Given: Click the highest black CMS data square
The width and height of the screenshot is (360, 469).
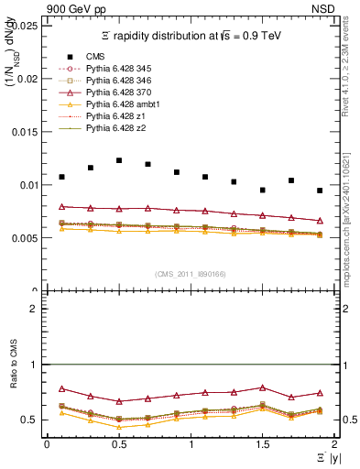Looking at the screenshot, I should tap(119, 160).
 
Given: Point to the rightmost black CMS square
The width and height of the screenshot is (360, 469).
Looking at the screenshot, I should tap(320, 191).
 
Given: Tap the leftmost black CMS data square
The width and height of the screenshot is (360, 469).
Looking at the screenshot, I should tap(61, 177).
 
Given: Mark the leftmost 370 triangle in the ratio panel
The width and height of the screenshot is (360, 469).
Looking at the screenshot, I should tap(61, 388).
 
